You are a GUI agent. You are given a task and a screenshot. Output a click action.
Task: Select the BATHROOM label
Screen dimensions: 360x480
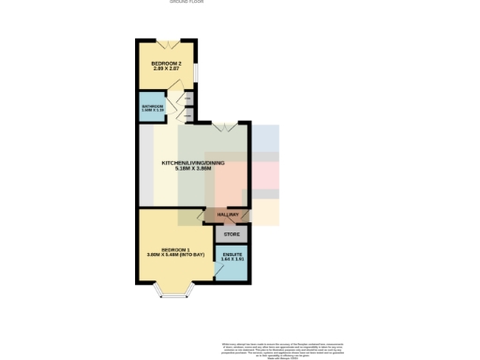tap(153, 107)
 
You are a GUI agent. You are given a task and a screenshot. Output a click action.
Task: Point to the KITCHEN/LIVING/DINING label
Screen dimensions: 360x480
tap(194, 163)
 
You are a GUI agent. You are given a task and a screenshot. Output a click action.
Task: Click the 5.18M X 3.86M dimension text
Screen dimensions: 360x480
tap(194, 170)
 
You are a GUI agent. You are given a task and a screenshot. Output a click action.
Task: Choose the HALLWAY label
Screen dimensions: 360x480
tap(229, 216)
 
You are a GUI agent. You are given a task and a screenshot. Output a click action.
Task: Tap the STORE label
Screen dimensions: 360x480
tap(232, 233)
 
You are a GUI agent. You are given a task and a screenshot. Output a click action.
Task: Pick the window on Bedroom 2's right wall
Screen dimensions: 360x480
tap(195, 71)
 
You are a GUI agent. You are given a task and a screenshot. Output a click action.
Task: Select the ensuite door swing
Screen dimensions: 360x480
tap(219, 272)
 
